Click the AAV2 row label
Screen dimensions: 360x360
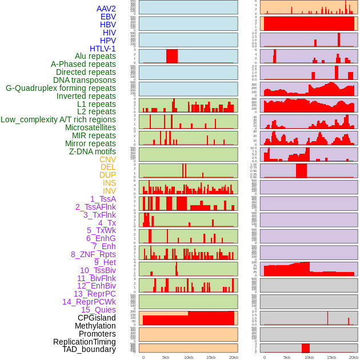pos(106,9)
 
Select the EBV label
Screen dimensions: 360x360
pos(108,17)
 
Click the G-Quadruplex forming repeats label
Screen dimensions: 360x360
pos(61,88)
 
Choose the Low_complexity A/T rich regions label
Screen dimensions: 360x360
pos(58,119)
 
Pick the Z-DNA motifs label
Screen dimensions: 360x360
pos(93,151)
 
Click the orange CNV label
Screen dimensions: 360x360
pos(107,159)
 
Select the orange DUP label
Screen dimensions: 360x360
pos(107,175)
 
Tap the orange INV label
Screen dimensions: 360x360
pos(109,191)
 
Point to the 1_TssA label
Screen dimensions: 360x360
pos(103,199)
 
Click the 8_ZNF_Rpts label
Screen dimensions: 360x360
pos(93,254)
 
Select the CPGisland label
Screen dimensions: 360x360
pos(97,318)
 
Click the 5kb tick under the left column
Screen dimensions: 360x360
pos(166,357)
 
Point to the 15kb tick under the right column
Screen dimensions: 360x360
pos(331,357)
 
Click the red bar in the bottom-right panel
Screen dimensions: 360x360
pos(306,348)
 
